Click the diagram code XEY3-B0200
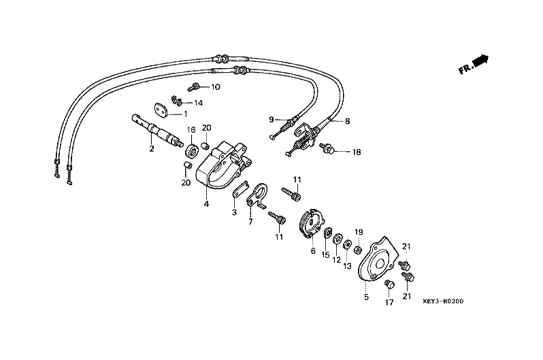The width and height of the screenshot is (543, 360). click(x=442, y=301)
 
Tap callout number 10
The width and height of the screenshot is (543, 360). click(x=216, y=86)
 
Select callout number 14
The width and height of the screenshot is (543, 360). click(x=198, y=103)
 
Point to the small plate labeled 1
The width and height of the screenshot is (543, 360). click(x=161, y=109)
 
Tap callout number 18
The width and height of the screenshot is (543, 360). click(x=357, y=152)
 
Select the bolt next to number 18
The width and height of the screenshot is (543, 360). click(x=328, y=148)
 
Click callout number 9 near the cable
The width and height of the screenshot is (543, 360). click(x=271, y=120)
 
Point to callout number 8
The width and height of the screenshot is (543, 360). click(x=347, y=121)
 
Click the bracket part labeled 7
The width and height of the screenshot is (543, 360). click(x=257, y=197)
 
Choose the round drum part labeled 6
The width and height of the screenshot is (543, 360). click(x=311, y=223)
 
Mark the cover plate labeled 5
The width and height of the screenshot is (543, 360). click(x=376, y=259)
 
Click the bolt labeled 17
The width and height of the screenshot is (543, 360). click(x=389, y=285)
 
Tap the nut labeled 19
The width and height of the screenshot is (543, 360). click(x=359, y=249)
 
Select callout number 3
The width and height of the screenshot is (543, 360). click(x=235, y=212)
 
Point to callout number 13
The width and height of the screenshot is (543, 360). click(x=347, y=266)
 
